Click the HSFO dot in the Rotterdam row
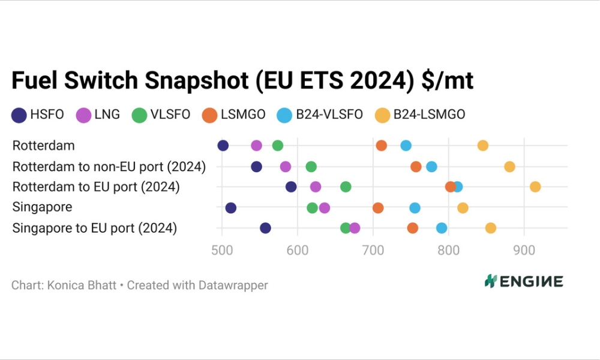point(223,146)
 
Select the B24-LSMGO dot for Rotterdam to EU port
point(535,187)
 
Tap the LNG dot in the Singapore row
point(325,208)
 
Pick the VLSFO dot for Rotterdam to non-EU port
point(311,167)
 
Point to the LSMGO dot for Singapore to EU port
point(413,228)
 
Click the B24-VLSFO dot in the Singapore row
point(415,208)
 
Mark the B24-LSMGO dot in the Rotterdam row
point(483,146)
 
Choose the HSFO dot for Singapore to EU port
point(266,228)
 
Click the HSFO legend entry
point(38,115)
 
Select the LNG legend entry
point(98,115)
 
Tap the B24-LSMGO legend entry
point(420,115)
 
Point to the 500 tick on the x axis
point(222,250)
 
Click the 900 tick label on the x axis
point(524,250)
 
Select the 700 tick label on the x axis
point(373,250)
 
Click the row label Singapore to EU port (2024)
point(95,228)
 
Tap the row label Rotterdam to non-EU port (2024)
point(109,167)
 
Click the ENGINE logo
point(524,281)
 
